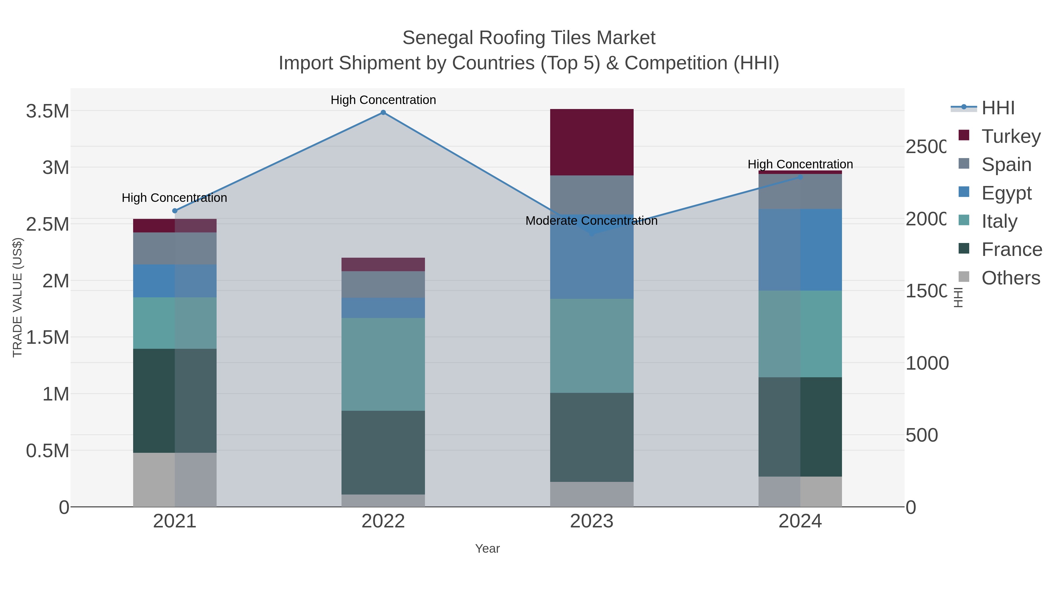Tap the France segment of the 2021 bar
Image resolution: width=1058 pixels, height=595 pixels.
tap(175, 400)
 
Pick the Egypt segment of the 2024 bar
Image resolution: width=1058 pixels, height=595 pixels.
tap(800, 250)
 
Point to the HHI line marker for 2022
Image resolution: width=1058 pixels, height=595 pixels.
tap(383, 113)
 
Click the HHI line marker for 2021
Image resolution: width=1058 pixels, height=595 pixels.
tap(175, 211)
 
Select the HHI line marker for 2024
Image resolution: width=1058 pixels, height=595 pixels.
tap(800, 177)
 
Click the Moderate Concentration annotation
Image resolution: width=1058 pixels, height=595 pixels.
tap(591, 221)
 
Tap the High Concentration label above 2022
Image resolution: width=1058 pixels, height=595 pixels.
tap(383, 100)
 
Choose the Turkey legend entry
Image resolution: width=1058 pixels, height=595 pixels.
tap(1011, 136)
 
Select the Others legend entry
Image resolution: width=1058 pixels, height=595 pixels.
tap(1010, 278)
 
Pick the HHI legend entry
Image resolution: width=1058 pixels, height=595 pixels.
tap(998, 108)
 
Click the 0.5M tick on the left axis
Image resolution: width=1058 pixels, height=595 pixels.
tap(48, 451)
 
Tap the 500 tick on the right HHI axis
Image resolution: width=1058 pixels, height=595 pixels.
tap(922, 435)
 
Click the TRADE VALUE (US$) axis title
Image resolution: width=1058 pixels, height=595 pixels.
tap(18, 297)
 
